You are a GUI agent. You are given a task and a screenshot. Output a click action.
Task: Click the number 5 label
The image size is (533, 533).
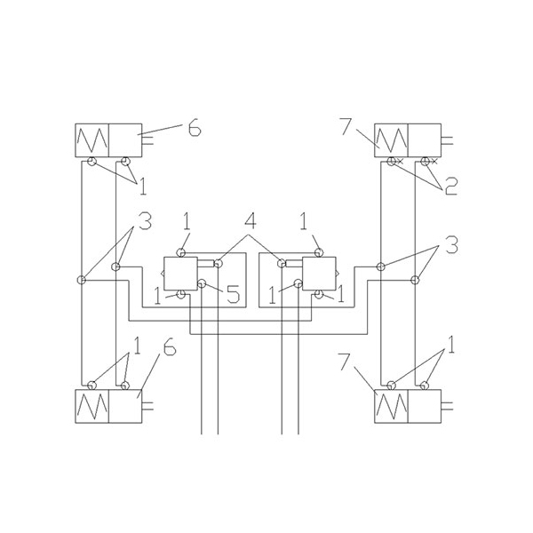(233, 294)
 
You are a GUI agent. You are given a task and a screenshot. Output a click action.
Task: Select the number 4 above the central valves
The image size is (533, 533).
(250, 221)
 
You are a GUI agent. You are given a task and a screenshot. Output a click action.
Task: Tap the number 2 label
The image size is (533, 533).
(451, 187)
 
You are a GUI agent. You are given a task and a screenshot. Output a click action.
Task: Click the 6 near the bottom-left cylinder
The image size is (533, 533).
(170, 346)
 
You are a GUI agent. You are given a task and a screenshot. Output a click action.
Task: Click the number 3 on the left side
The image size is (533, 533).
(145, 221)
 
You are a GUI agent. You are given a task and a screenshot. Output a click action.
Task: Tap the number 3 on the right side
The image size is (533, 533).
(452, 245)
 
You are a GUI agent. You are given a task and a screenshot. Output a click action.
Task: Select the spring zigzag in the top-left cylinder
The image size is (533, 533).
(92, 140)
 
